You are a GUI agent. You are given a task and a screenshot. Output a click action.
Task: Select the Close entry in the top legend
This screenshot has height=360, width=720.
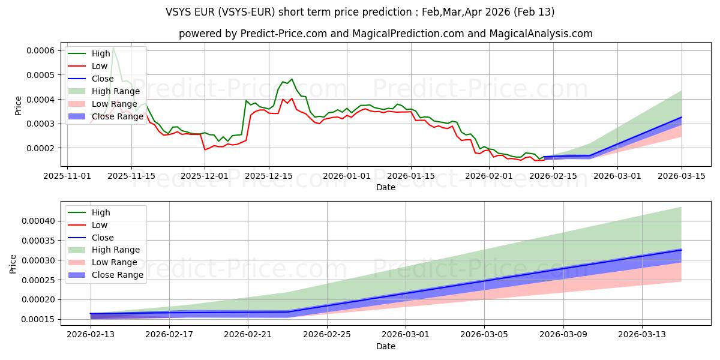pos(103,79)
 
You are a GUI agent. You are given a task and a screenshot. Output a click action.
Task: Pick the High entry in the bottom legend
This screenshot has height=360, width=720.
pos(101,212)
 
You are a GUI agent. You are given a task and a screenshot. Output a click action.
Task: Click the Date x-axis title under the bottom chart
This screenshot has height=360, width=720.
pos(385,346)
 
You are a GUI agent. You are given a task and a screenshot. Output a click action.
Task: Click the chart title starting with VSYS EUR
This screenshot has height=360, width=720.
pos(360,12)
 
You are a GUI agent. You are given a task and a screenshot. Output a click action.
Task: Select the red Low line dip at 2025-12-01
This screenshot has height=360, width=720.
pos(205,149)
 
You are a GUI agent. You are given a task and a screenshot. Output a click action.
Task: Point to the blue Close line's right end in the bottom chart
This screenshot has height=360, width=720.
pos(681,250)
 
